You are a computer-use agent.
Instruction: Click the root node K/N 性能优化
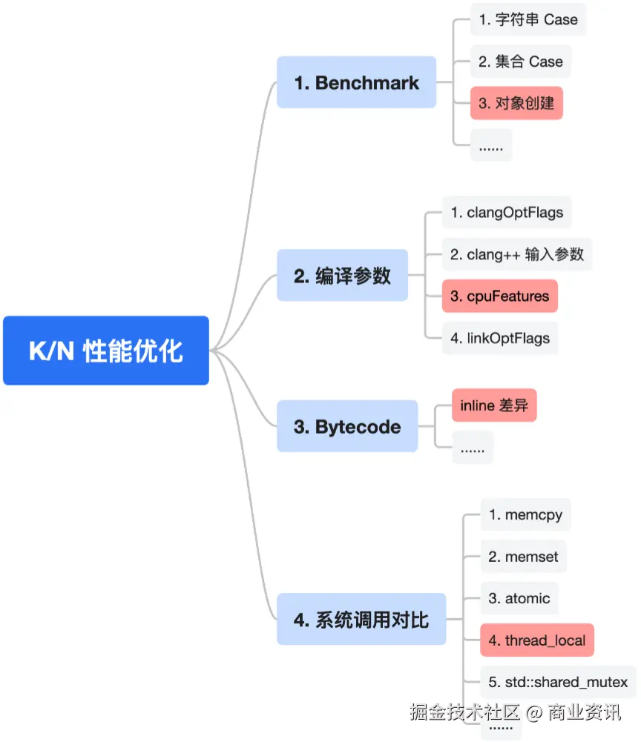point(106,351)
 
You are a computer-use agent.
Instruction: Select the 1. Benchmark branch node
point(356,82)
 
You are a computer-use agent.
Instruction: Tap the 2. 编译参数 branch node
point(342,276)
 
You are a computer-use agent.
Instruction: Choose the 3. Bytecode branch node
point(347,426)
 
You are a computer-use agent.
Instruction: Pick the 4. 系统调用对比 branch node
point(361,619)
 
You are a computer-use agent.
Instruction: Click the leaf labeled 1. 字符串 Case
point(527,20)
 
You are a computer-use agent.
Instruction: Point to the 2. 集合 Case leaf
point(520,62)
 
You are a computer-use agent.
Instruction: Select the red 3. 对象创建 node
point(516,103)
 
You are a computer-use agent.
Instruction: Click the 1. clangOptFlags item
point(507,213)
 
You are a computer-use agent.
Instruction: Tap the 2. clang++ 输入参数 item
point(517,254)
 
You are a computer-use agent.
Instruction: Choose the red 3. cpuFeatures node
point(499,296)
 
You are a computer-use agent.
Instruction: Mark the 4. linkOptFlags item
point(500,338)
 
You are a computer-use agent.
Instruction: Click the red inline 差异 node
point(494,405)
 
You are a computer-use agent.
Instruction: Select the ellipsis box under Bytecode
point(473,448)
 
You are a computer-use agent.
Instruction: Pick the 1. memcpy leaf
point(525,514)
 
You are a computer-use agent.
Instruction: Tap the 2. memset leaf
point(524,556)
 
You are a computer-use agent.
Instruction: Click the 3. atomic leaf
point(519,597)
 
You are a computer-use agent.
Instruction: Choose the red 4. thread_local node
point(537,640)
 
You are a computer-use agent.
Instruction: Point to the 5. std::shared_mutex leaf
point(558,681)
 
